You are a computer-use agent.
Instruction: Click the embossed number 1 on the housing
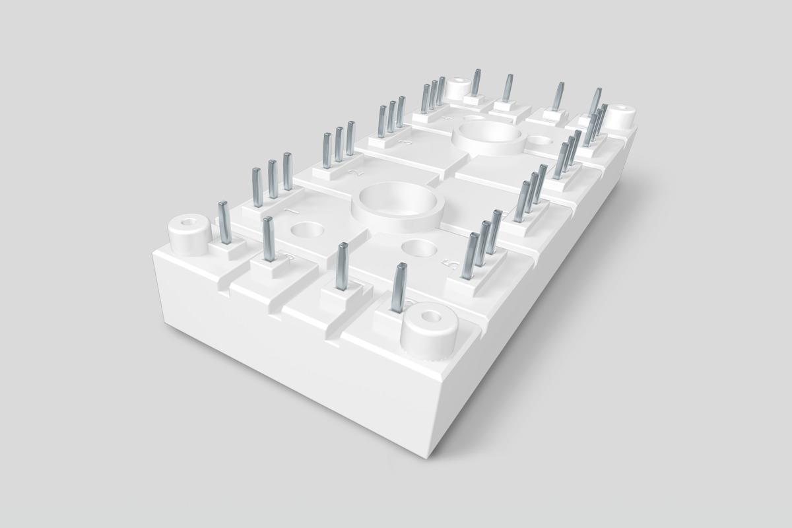tap(290, 211)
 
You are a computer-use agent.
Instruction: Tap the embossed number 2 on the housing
tap(356, 173)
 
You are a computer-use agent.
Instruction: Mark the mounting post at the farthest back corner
tap(459, 88)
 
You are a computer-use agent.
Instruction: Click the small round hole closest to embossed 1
tap(306, 231)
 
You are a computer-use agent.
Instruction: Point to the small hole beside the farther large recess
tap(541, 140)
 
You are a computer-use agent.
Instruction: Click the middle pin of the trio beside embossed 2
tap(339, 143)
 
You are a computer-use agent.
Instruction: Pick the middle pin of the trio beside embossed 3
tap(392, 114)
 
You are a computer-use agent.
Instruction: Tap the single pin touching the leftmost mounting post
tap(222, 222)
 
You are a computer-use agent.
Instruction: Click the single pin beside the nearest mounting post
tap(399, 287)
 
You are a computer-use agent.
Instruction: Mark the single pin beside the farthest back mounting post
tap(476, 82)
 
